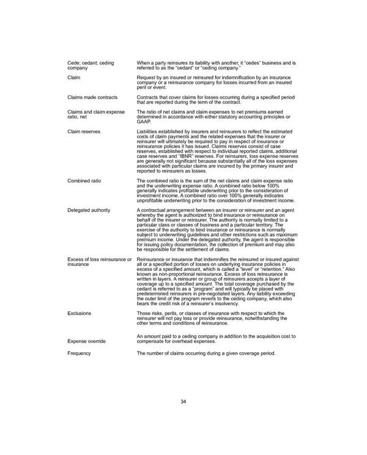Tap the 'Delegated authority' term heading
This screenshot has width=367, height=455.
tap(89, 210)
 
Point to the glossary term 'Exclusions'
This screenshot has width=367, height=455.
tap(79, 313)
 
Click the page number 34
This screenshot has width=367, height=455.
tap(183, 401)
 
